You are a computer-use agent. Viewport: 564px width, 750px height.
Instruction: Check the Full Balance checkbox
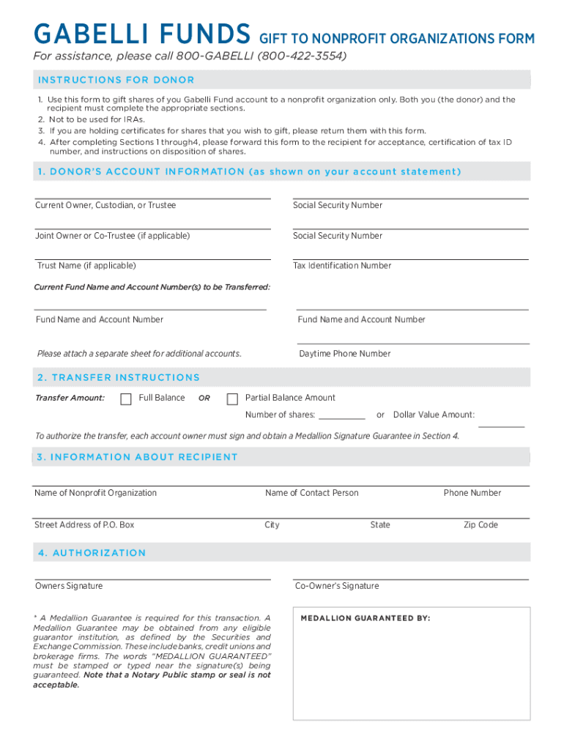point(126,399)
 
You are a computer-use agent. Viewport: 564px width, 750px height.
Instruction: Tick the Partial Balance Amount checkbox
point(233,399)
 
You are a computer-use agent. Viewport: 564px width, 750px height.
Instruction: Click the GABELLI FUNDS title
point(142,34)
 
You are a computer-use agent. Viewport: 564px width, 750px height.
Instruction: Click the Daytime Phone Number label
point(344,354)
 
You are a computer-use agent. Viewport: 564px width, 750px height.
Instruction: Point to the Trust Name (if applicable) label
point(86,266)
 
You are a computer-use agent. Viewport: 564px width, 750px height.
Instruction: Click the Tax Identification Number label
point(342,266)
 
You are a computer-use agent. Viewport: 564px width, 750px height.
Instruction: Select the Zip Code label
point(480,525)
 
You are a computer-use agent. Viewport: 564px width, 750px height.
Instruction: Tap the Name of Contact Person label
point(312,493)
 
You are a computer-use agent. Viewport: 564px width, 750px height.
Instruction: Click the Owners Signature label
point(69,586)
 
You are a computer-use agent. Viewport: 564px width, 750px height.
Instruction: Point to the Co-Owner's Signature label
point(337,586)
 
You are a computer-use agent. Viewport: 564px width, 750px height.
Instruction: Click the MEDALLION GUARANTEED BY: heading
point(366,618)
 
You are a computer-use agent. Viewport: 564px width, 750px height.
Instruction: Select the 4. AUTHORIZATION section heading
point(92,553)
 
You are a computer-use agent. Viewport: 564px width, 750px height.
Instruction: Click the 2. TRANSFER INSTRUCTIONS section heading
point(118,378)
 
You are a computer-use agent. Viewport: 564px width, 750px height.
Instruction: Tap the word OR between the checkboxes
point(204,398)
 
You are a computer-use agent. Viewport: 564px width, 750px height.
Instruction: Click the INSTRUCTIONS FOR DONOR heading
point(116,80)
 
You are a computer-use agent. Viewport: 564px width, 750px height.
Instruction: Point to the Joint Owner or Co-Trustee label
point(112,236)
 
